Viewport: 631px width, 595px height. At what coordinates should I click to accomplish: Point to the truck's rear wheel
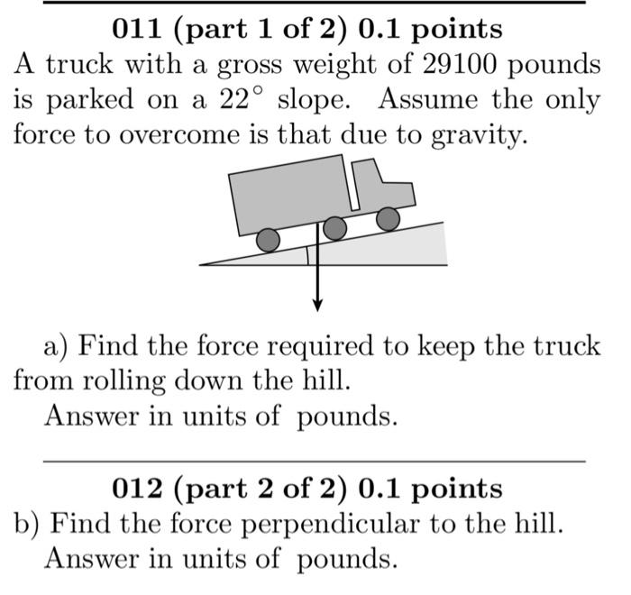click(x=268, y=240)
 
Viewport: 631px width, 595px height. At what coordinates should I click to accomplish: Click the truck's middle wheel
click(x=334, y=228)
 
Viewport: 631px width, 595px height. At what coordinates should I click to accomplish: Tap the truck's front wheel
click(x=388, y=218)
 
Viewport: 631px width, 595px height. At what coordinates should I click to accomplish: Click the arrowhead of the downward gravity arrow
click(x=317, y=304)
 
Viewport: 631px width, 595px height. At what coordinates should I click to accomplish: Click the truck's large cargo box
click(x=288, y=195)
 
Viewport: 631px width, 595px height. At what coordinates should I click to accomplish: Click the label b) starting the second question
click(x=26, y=524)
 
